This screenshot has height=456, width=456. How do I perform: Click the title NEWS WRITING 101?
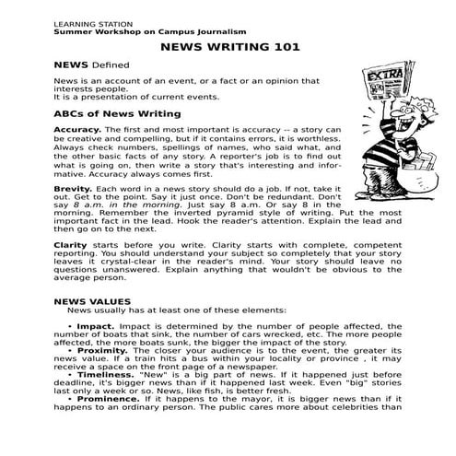(x=228, y=47)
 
